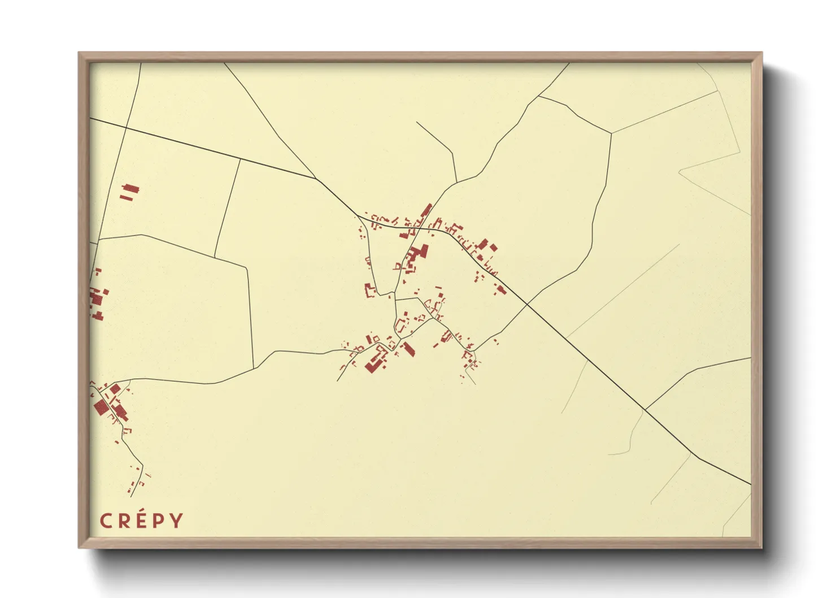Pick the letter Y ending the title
[x=177, y=521]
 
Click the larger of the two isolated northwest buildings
[x=132, y=189]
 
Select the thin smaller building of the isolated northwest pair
[x=128, y=198]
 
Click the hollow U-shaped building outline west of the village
[x=370, y=291]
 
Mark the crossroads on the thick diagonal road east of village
[x=527, y=304]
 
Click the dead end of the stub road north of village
[x=417, y=122]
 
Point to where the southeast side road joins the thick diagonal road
[x=645, y=409]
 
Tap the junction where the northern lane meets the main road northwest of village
[x=315, y=179]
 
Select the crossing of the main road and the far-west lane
[x=125, y=128]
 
